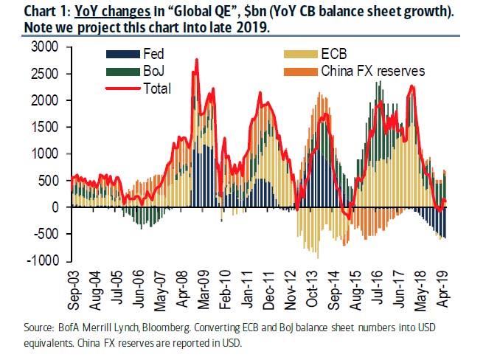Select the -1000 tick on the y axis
[x=44, y=261]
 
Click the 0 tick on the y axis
[x=56, y=207]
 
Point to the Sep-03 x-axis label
[x=73, y=285]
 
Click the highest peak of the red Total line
[x=195, y=59]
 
